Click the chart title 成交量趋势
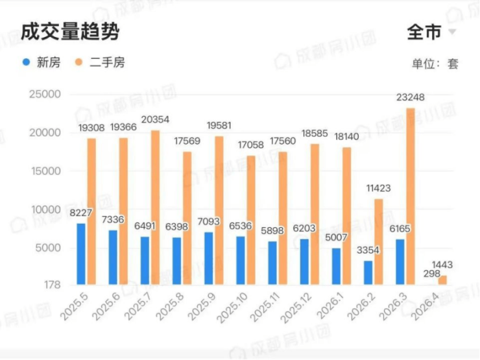point(69,32)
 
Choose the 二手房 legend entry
point(101,63)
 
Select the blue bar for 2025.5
point(81,254)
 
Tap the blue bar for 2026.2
point(368,272)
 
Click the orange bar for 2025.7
point(155,207)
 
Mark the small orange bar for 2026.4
point(442,280)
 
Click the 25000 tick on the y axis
point(45,95)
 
